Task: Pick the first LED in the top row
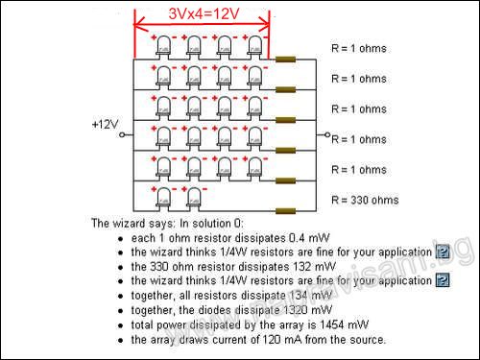(x=163, y=45)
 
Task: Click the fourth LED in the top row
(x=255, y=45)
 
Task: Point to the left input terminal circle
(x=123, y=135)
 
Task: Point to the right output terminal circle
(x=327, y=135)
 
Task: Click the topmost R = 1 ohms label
(x=358, y=46)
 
